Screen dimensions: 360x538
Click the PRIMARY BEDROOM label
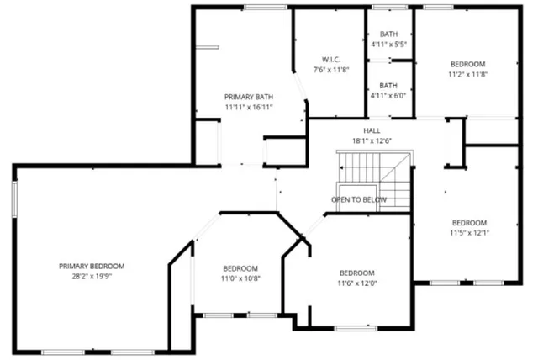pyautogui.click(x=98, y=266)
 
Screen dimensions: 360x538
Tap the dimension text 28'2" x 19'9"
pyautogui.click(x=98, y=275)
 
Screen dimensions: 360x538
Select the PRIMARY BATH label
pyautogui.click(x=248, y=97)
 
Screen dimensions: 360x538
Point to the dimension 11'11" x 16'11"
pyautogui.click(x=248, y=107)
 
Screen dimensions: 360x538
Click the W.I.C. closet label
pyautogui.click(x=330, y=59)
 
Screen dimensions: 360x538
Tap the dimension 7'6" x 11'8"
pyautogui.click(x=330, y=69)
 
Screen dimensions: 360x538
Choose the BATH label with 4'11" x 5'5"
pyautogui.click(x=388, y=34)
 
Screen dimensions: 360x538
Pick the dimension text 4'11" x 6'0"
pyautogui.click(x=388, y=96)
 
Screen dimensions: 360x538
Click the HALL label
pyautogui.click(x=372, y=130)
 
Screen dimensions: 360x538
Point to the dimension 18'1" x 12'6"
pyautogui.click(x=372, y=140)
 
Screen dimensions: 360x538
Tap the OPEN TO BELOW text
pyautogui.click(x=359, y=199)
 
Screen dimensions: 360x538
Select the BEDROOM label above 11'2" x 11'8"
pyautogui.click(x=468, y=64)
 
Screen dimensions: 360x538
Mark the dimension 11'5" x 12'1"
pyautogui.click(x=468, y=232)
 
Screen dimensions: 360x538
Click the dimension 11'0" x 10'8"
pyautogui.click(x=240, y=278)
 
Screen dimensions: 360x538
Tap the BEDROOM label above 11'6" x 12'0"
pyautogui.click(x=357, y=273)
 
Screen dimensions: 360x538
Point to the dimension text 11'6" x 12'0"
pyautogui.click(x=357, y=283)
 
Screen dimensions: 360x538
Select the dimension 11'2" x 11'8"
pyautogui.click(x=468, y=74)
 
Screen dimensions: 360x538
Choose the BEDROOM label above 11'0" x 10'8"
pyautogui.click(x=240, y=267)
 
